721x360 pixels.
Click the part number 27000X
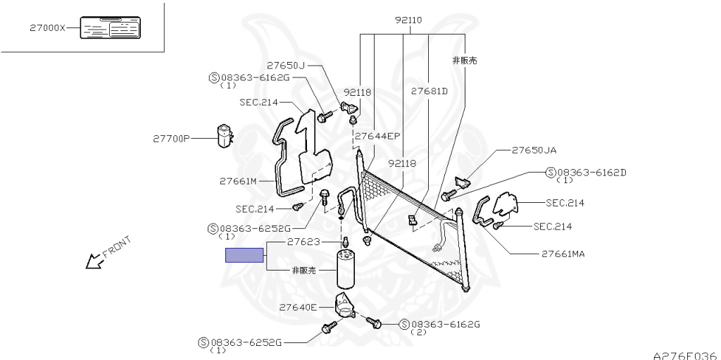click(x=48, y=27)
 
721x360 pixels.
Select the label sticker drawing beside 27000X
click(x=111, y=27)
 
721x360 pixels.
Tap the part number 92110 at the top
click(x=408, y=20)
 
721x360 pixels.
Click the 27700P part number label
click(x=171, y=138)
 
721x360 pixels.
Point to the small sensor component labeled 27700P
click(x=225, y=136)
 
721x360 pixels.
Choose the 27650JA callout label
click(x=534, y=150)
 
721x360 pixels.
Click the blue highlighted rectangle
click(x=244, y=255)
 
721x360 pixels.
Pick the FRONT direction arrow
click(x=94, y=261)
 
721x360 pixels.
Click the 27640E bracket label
click(x=298, y=307)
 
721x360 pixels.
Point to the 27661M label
click(x=238, y=181)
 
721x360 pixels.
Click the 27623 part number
click(x=303, y=242)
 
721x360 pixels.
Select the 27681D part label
click(x=429, y=91)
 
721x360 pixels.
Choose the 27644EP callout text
click(x=377, y=136)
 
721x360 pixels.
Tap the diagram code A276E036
click(x=686, y=355)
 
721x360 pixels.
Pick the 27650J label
click(x=286, y=66)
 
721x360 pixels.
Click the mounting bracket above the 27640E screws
click(x=345, y=305)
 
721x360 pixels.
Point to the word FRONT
click(x=117, y=247)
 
